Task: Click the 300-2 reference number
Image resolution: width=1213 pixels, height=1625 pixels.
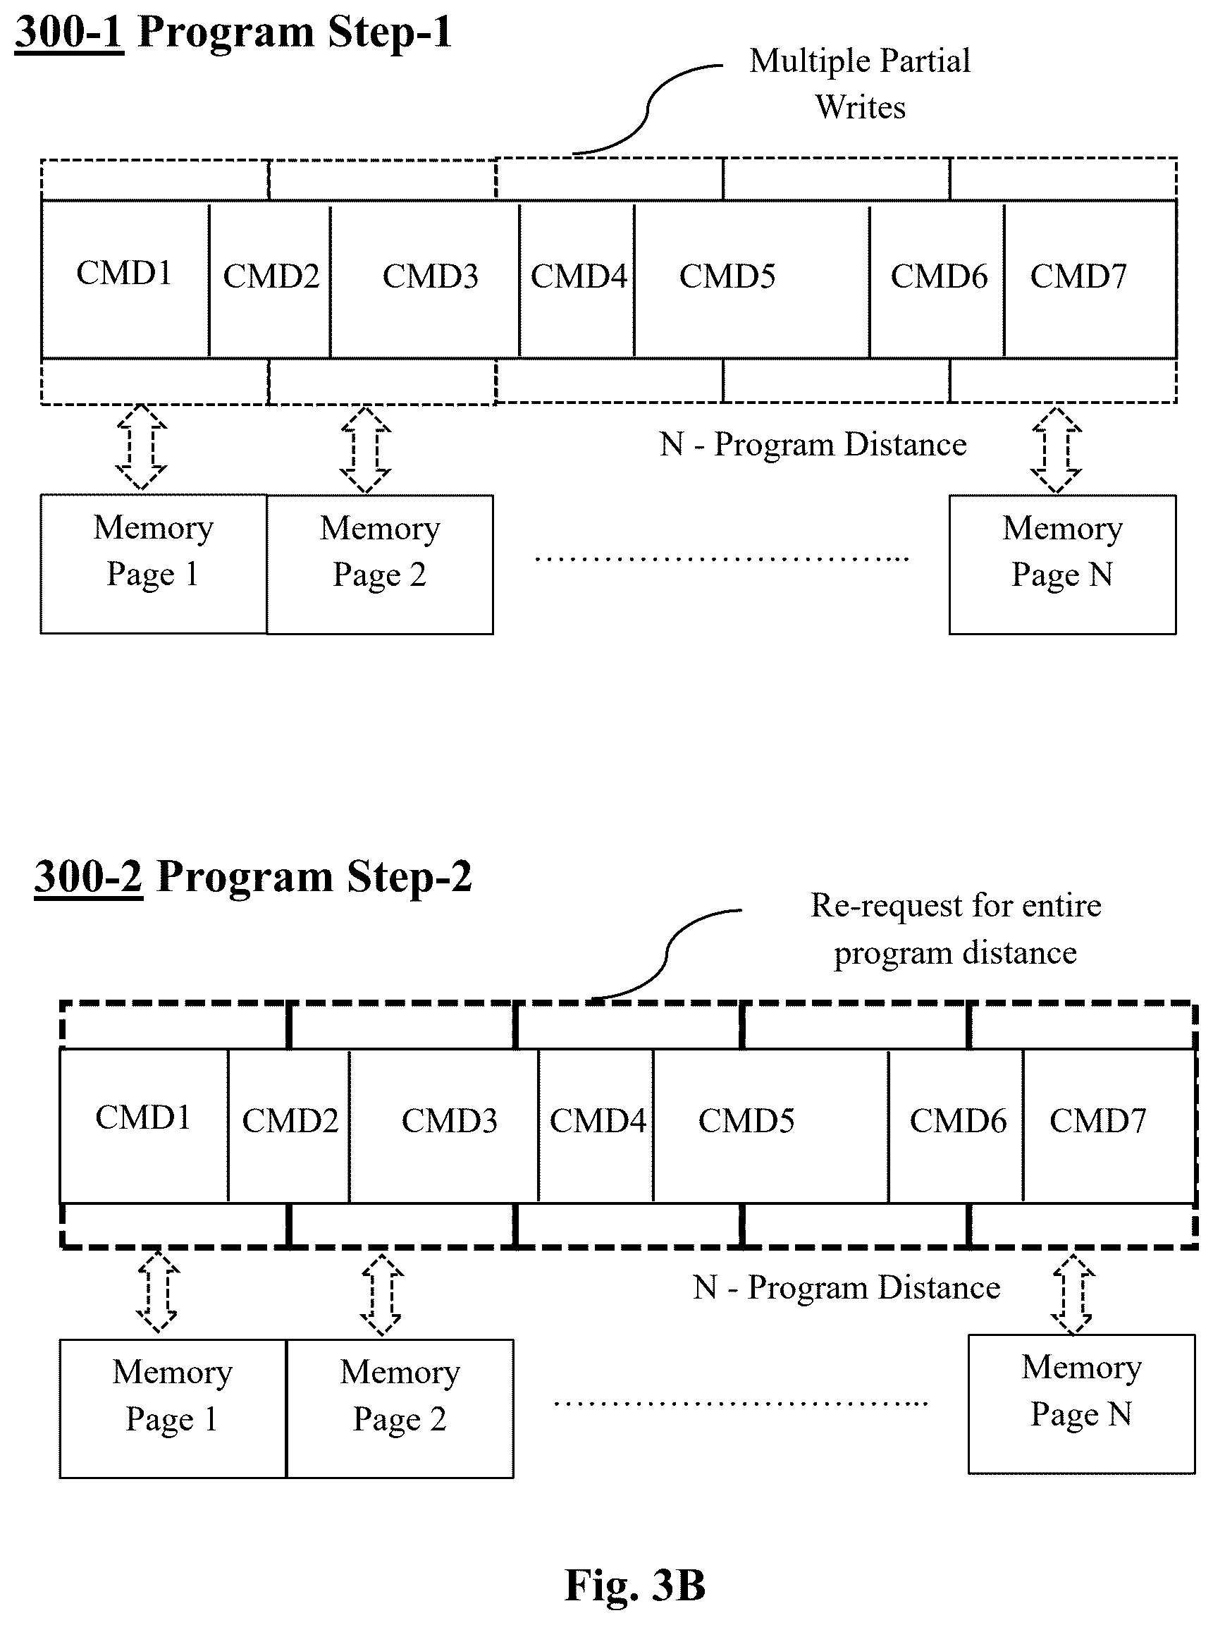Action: pos(88,877)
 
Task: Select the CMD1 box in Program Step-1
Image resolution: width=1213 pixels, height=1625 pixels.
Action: pos(125,278)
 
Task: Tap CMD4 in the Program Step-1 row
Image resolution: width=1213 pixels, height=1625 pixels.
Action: pos(577,278)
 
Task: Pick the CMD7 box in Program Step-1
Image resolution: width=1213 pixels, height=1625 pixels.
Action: pos(1090,278)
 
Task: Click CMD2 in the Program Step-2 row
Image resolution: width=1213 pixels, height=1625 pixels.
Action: pos(289,1127)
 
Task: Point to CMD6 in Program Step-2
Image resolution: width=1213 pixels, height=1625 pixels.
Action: pos(956,1127)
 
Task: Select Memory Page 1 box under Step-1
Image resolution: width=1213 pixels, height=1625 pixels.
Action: pos(154,564)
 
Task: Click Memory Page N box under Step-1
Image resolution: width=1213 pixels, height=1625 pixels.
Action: pos(1062,565)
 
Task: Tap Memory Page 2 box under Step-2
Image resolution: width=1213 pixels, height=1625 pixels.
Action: pos(400,1409)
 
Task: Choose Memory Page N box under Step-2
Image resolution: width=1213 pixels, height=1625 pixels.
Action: pos(1082,1404)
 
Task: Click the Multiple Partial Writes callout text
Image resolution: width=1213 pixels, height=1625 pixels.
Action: pos(860,84)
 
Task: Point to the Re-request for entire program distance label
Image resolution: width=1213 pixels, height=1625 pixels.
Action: pos(955,929)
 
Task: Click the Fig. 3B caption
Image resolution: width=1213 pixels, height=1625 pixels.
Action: pos(635,1585)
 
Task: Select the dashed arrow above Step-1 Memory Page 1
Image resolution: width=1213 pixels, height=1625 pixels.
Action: pos(141,446)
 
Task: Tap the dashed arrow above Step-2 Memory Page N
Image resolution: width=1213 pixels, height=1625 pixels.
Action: pos(1073,1294)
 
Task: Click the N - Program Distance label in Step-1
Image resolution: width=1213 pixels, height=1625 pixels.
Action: pos(813,444)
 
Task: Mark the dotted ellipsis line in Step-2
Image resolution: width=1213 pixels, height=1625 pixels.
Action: pos(741,1403)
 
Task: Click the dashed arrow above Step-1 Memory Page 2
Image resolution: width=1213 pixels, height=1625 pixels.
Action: pos(366,449)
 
